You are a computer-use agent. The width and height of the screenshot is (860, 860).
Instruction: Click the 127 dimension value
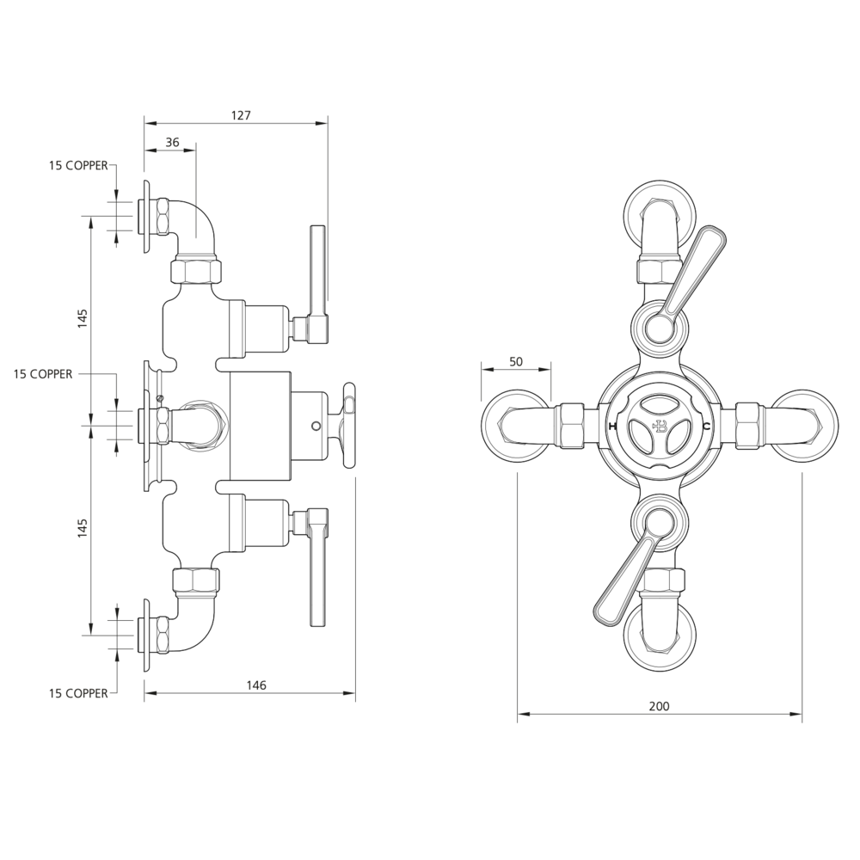240,115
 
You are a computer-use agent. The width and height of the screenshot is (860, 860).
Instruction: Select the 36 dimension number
172,143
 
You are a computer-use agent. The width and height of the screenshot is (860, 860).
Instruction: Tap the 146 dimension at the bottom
256,685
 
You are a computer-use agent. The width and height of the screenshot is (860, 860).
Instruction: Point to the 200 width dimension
658,706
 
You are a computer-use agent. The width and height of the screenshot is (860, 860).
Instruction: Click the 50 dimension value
516,362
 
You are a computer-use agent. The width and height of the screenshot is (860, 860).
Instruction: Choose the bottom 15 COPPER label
78,692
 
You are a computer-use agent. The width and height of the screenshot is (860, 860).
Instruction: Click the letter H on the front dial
612,427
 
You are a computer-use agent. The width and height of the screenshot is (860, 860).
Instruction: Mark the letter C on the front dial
706,427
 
